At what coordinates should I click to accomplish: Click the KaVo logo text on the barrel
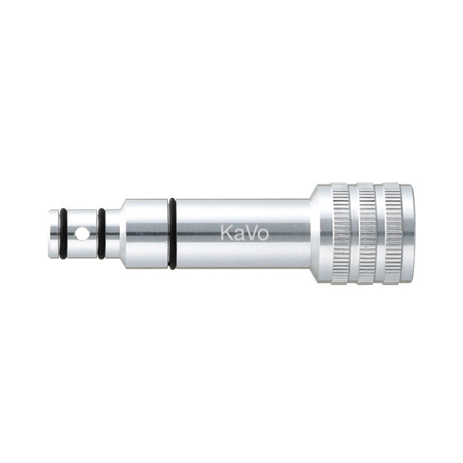pos(244,233)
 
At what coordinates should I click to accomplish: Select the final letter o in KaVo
pos(263,234)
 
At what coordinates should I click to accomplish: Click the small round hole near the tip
pos(83,234)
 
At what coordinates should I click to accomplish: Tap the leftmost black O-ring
pos(63,233)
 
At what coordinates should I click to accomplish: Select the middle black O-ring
pos(101,233)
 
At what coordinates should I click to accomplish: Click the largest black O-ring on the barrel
pos(172,233)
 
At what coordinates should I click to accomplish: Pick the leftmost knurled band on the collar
pos(340,233)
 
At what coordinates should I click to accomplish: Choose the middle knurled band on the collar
pos(366,233)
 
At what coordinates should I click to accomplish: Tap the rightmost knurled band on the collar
pos(392,233)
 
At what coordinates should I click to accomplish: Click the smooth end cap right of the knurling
pos(407,233)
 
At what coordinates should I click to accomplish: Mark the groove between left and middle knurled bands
pos(353,233)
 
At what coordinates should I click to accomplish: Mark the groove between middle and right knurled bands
pos(379,233)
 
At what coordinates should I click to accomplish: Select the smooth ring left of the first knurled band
pos(325,233)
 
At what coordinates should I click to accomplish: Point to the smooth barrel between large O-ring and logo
pos(196,233)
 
